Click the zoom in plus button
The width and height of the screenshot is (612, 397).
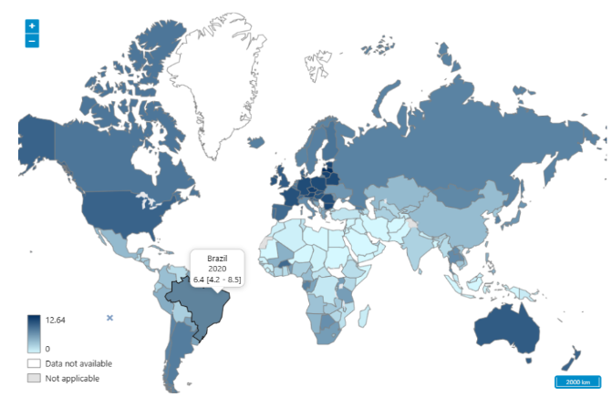tap(32, 26)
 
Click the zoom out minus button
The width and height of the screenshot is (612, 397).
tap(32, 41)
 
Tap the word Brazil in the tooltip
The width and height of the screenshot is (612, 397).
tap(217, 259)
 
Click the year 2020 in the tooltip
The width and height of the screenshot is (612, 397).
tap(217, 269)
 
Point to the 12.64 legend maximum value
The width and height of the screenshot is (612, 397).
tap(56, 320)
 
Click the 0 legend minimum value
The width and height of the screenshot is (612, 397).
tap(47, 349)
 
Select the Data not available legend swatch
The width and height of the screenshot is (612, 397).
tap(34, 363)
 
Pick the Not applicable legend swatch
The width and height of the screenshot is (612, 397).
tap(34, 378)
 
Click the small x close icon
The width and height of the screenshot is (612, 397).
tap(109, 318)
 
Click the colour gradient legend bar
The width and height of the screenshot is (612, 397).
tap(34, 333)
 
